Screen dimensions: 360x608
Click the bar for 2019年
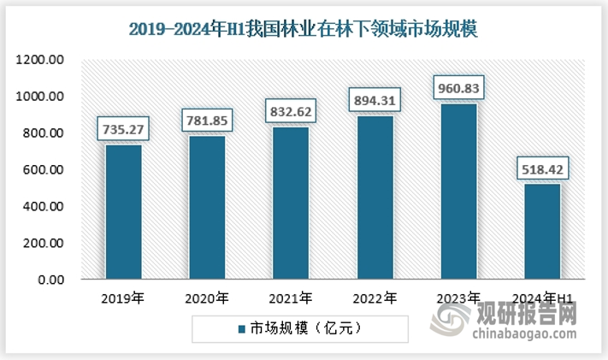click(x=123, y=211)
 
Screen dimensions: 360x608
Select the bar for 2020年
click(x=207, y=207)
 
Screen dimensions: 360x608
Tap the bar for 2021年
click(x=290, y=203)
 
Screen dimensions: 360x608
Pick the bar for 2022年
click(x=374, y=197)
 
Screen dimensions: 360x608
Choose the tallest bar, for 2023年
click(x=457, y=191)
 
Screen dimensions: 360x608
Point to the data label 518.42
click(x=541, y=170)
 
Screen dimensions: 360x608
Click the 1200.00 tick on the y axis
click(x=40, y=60)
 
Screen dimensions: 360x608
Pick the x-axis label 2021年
click(x=291, y=298)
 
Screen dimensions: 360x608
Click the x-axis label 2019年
click(x=123, y=298)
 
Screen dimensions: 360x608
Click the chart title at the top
click(x=304, y=28)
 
